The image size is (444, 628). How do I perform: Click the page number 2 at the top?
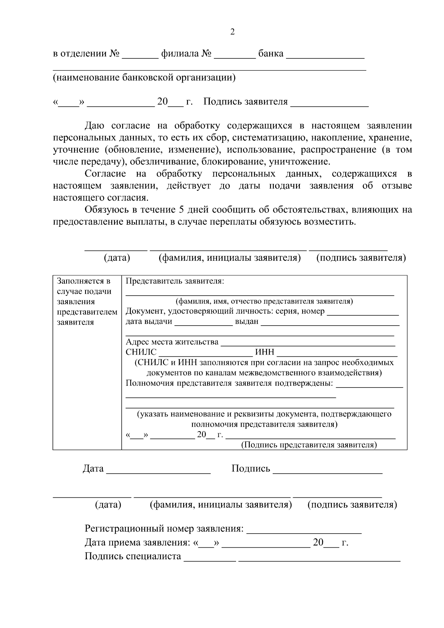[232, 32]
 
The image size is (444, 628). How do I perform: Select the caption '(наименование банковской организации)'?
[144, 78]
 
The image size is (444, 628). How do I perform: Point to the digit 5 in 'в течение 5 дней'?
[181, 210]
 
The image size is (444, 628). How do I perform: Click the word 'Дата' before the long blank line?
[93, 469]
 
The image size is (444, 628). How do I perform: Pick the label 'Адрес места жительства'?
[172, 342]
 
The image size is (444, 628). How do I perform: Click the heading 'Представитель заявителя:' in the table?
[175, 281]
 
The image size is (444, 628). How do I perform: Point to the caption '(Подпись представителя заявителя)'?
[309, 445]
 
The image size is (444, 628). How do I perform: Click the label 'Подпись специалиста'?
[133, 556]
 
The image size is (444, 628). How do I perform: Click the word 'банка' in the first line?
[271, 54]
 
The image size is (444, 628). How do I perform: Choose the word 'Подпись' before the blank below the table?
[251, 469]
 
